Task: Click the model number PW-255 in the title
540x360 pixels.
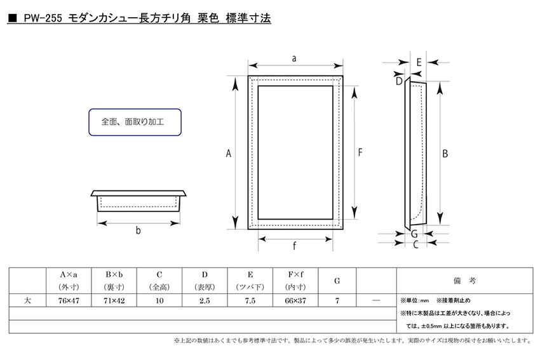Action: point(43,18)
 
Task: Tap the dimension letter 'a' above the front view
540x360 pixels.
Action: point(294,58)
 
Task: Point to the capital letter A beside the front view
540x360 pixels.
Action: point(228,153)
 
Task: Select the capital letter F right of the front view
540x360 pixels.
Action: point(360,152)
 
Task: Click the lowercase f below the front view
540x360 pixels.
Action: point(294,246)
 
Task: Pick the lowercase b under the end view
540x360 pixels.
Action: point(138,230)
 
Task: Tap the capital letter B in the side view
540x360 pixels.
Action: point(445,154)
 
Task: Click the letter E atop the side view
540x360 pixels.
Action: point(419,62)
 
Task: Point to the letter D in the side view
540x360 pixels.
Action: point(399,81)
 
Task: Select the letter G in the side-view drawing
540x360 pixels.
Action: point(414,234)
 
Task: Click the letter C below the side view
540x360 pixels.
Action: point(415,244)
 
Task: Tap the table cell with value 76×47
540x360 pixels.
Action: point(69,300)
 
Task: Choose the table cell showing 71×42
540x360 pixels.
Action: point(114,300)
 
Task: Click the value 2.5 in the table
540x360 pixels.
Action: point(205,300)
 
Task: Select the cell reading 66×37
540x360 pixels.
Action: point(295,300)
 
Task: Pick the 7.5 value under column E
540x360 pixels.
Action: point(250,300)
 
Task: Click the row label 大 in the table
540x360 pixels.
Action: point(27,300)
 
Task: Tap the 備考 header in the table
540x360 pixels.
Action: point(464,281)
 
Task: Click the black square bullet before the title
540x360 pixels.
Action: point(13,18)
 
